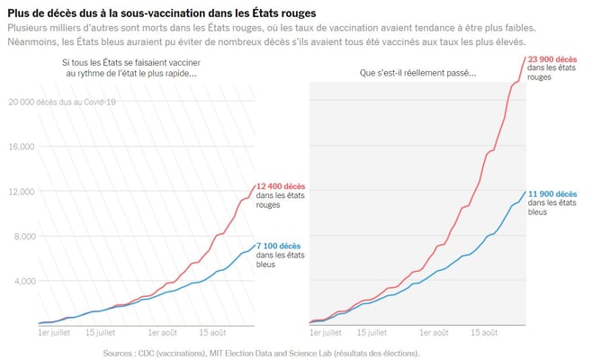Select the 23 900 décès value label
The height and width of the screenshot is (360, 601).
click(552, 59)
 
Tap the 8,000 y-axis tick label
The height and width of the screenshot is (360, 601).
click(22, 236)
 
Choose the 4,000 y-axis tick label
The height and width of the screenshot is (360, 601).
click(22, 281)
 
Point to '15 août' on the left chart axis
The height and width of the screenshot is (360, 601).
click(214, 332)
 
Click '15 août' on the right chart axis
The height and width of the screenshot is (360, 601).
click(484, 332)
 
